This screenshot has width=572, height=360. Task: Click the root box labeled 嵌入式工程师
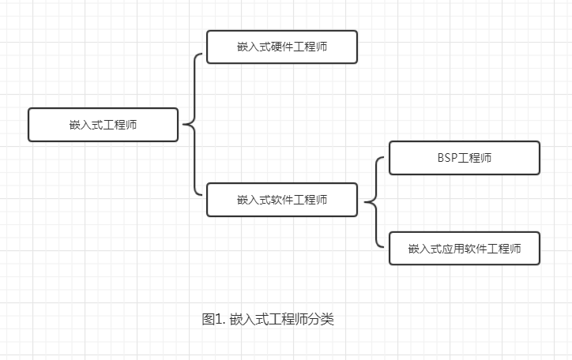click(x=103, y=125)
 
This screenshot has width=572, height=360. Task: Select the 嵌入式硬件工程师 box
click(x=281, y=47)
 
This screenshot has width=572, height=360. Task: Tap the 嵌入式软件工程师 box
click(x=281, y=200)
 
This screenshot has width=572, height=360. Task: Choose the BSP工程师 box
click(x=465, y=158)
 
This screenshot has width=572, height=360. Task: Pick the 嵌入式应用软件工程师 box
click(x=465, y=248)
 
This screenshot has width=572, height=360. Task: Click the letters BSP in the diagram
click(x=447, y=158)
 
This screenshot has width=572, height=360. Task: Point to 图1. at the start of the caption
click(x=214, y=320)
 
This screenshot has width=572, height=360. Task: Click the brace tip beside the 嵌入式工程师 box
click(x=184, y=125)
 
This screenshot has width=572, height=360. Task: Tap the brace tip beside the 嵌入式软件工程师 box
click(x=366, y=202)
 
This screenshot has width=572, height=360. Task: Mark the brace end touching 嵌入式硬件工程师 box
click(x=204, y=55)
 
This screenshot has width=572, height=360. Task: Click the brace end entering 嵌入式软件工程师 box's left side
click(x=204, y=193)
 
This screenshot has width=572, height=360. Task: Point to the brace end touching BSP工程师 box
click(x=386, y=158)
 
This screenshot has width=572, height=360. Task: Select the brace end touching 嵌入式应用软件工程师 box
click(x=386, y=247)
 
